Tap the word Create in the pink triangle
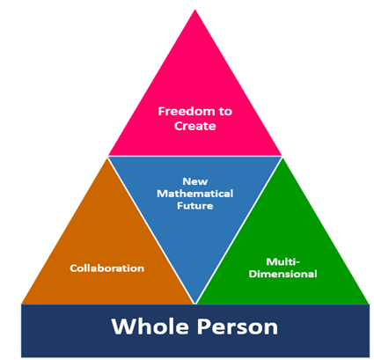(195, 126)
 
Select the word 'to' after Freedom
(225, 112)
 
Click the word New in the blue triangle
(195, 181)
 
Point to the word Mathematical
(195, 194)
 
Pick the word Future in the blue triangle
(195, 206)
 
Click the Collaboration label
(107, 268)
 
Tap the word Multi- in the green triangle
(283, 261)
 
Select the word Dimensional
(283, 274)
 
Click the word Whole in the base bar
(150, 327)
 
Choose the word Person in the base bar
(238, 327)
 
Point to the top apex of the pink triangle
(195, 10)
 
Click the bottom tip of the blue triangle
(194, 304)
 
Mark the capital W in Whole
(123, 327)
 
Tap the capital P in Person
(203, 327)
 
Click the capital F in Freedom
(162, 112)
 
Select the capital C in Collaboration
(74, 268)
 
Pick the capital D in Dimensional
(253, 274)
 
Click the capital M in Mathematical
(162, 194)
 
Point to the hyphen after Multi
(298, 262)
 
